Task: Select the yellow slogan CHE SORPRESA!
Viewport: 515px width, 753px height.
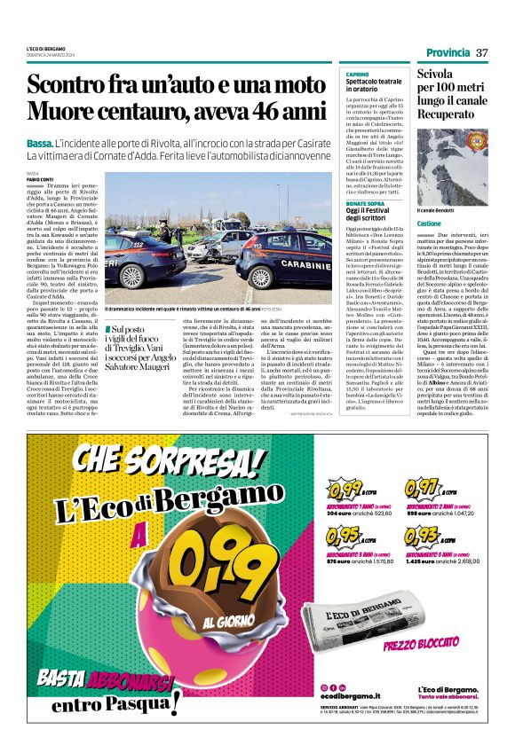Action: pos(170,459)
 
